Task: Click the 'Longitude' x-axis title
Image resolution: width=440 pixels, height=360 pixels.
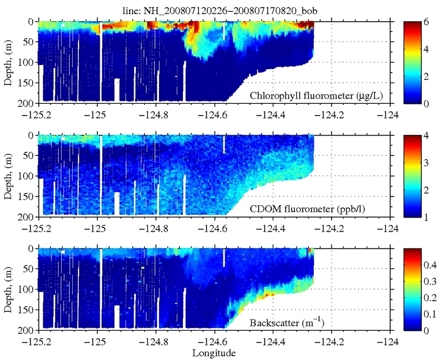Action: click(x=214, y=353)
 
